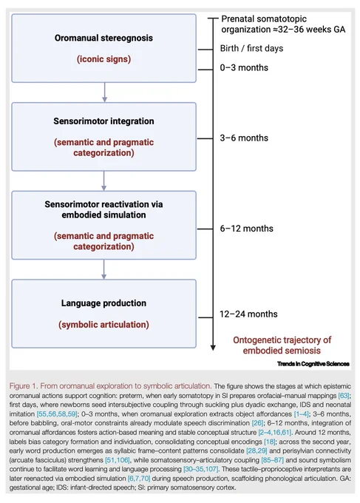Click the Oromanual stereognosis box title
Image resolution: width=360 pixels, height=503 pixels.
pos(103,38)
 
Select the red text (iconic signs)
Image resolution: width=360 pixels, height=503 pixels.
pos(103,59)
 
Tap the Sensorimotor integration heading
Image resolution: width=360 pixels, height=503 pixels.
pos(103,121)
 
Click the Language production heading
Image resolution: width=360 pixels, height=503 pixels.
pos(103,303)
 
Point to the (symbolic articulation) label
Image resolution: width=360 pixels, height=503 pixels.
pos(103,324)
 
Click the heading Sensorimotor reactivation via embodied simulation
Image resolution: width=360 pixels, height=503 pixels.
pos(103,209)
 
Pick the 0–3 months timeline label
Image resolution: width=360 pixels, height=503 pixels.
pos(244,68)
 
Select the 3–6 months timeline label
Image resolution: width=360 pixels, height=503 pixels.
pos(244,138)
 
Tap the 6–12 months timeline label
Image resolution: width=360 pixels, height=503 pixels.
pos(246,229)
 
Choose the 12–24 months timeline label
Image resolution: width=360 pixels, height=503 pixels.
pos(248,314)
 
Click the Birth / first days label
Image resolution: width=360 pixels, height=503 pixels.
pos(251,48)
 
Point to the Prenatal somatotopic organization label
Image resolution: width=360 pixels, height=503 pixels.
pos(283,24)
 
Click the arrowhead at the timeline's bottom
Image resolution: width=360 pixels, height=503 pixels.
pos(213,348)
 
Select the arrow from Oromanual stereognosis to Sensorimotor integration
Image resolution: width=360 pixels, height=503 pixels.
pos(104,92)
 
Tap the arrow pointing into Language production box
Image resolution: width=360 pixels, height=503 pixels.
pos(104,269)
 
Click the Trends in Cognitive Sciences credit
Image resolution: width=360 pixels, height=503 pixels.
pos(313,364)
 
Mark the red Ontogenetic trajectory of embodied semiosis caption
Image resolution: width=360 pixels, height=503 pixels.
pos(282,345)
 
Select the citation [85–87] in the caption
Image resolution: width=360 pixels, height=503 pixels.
pos(273,460)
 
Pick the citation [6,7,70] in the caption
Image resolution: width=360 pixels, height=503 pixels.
pos(139,479)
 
